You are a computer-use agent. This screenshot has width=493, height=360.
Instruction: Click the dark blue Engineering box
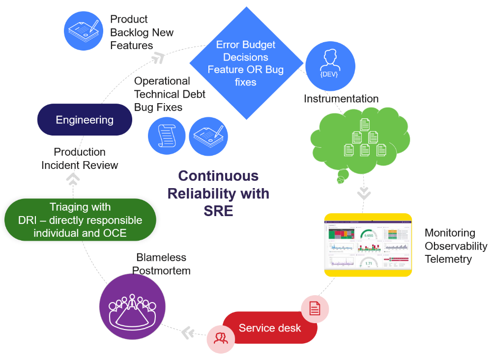(x=85, y=120)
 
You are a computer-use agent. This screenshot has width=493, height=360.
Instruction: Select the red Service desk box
(x=269, y=328)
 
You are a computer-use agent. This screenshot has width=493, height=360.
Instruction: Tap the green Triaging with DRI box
(x=80, y=220)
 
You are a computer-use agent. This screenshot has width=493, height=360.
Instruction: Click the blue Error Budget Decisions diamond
(x=245, y=63)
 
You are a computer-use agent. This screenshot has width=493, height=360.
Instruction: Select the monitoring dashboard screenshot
(x=368, y=245)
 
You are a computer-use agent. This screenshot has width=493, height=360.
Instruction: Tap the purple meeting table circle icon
(x=132, y=306)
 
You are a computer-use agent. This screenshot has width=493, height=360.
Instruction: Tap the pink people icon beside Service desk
(x=220, y=338)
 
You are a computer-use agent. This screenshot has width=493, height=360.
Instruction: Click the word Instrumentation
(x=341, y=99)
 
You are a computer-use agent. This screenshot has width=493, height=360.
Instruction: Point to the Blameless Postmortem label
(x=161, y=264)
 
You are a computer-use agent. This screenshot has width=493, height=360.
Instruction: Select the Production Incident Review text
(x=80, y=159)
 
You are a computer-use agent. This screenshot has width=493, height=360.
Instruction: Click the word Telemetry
(x=448, y=259)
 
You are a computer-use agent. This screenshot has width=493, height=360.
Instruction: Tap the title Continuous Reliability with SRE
(x=218, y=194)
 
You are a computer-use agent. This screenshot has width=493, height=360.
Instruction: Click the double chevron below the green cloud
(x=364, y=193)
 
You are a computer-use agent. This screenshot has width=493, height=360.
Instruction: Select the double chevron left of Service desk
(x=188, y=332)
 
